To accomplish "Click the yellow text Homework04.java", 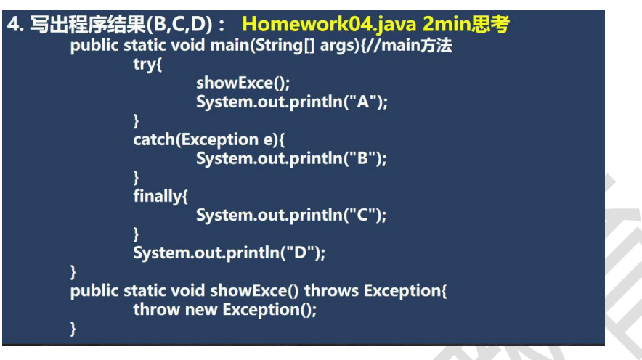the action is click(x=329, y=25).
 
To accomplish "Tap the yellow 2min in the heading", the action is click(x=447, y=24).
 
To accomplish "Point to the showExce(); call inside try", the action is click(x=243, y=83).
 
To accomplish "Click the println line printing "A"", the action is click(x=291, y=102).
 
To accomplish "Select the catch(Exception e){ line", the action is click(x=209, y=140).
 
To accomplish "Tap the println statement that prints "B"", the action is click(x=291, y=159).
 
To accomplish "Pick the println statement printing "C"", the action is click(x=291, y=215).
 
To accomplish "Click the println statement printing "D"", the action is click(x=229, y=253).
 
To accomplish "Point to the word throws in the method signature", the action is click(x=331, y=291).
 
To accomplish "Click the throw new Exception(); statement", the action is click(x=225, y=310).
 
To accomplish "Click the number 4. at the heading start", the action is click(x=15, y=25).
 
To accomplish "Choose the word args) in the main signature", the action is click(x=339, y=46).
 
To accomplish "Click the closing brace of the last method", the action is click(x=73, y=329).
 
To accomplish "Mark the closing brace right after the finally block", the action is click(x=136, y=234).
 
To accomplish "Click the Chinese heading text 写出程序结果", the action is click(x=88, y=25).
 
